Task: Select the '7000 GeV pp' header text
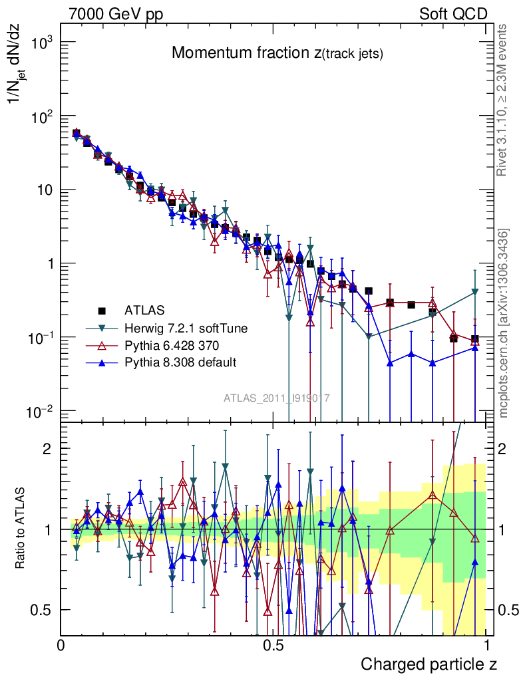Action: [116, 14]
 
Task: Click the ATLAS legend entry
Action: [145, 310]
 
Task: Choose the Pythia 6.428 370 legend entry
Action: [172, 344]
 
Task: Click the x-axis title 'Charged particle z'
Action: [429, 664]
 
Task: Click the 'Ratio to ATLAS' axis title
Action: [22, 528]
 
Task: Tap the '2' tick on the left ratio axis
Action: [47, 448]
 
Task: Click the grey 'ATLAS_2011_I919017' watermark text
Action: [277, 398]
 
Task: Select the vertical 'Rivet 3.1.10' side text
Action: [504, 100]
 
